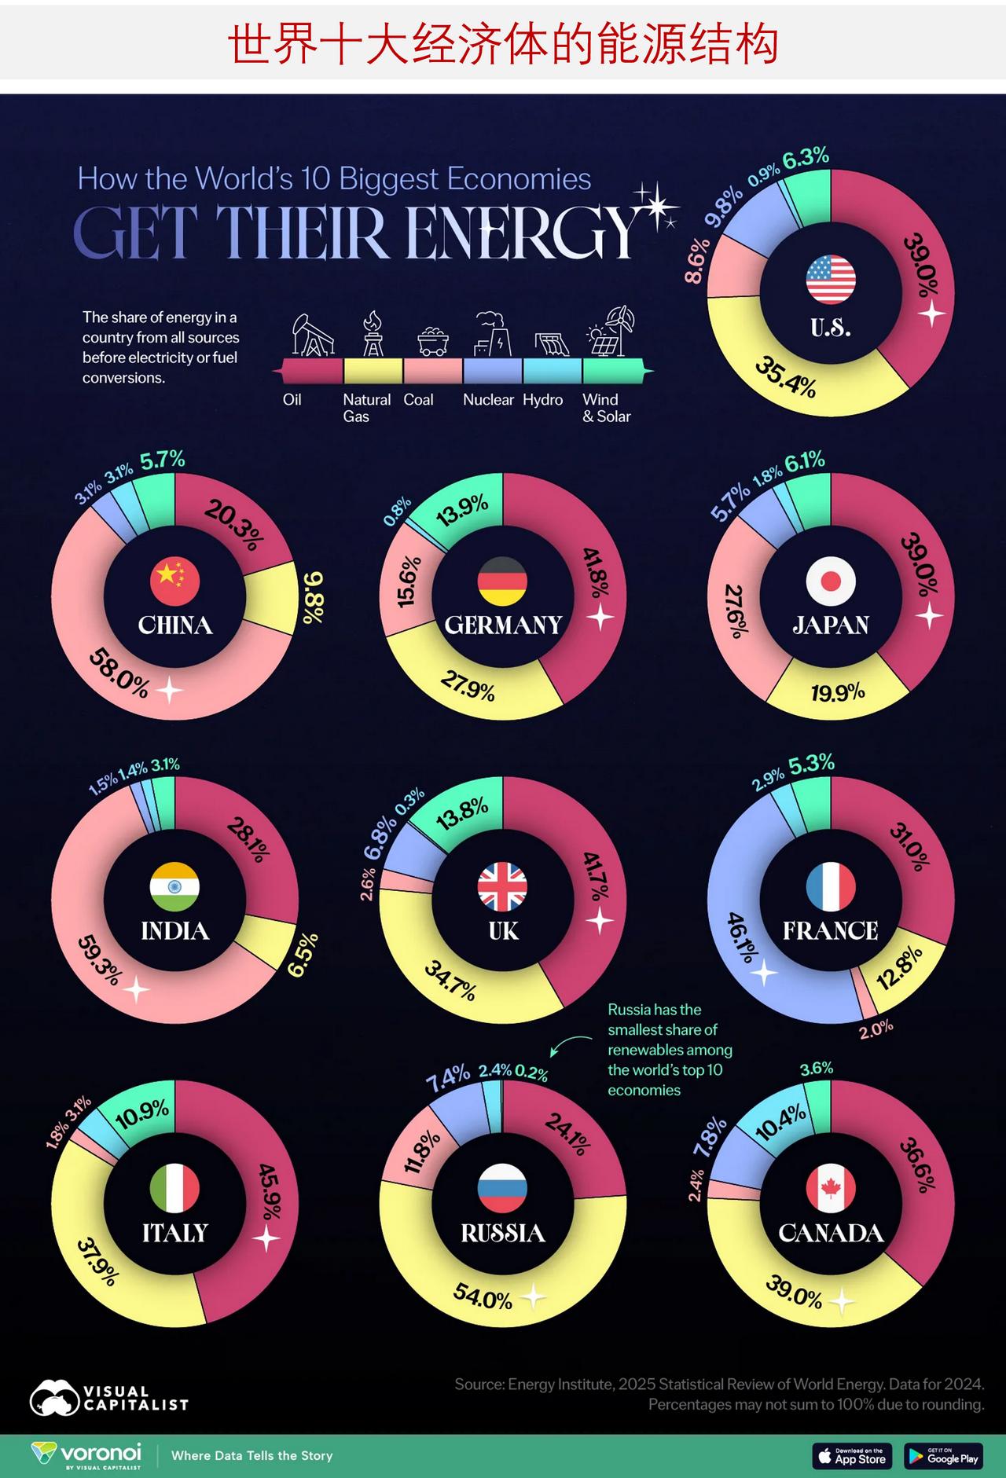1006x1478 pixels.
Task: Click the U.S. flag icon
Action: (831, 280)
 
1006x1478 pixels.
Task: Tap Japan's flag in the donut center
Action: (831, 581)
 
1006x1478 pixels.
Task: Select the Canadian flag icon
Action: (831, 1188)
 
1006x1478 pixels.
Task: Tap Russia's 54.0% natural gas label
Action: (483, 1298)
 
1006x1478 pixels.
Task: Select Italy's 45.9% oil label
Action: (270, 1191)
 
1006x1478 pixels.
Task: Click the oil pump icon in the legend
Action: (313, 335)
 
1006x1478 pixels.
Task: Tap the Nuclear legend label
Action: (488, 400)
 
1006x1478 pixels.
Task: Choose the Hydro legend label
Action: (543, 400)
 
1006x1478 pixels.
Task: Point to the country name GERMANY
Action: (503, 625)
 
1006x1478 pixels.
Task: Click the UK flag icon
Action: (503, 886)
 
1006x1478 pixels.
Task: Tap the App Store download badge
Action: (852, 1456)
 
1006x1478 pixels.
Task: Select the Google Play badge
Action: (943, 1456)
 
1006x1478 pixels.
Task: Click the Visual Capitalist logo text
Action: (135, 1399)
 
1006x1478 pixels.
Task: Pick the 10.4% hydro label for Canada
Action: (780, 1122)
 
